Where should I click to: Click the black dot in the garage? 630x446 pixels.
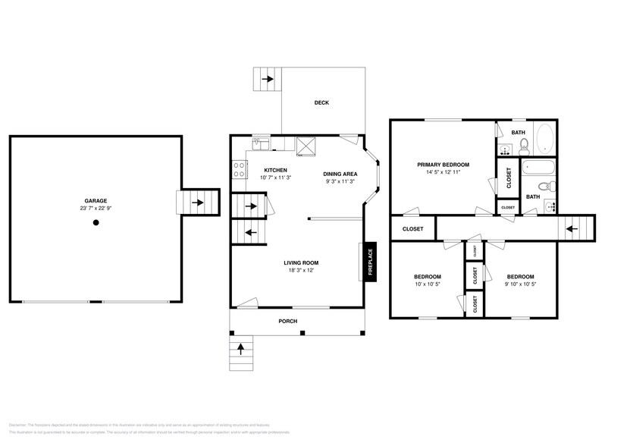tap(96, 222)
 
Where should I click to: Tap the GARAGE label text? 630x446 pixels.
tap(96, 199)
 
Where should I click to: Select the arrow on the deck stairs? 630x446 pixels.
tap(267, 78)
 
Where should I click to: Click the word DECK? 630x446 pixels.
tap(322, 103)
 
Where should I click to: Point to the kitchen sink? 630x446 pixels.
tap(259, 141)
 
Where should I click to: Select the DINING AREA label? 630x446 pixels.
tap(340, 174)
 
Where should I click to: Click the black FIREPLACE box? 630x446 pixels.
tap(371, 262)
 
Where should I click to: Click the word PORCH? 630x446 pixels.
tap(287, 322)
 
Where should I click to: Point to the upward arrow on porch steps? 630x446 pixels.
tap(242, 349)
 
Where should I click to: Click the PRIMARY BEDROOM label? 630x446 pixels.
tap(444, 165)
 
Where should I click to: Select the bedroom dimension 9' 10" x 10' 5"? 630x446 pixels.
tap(520, 284)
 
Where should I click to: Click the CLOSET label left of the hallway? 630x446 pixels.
tap(412, 228)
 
